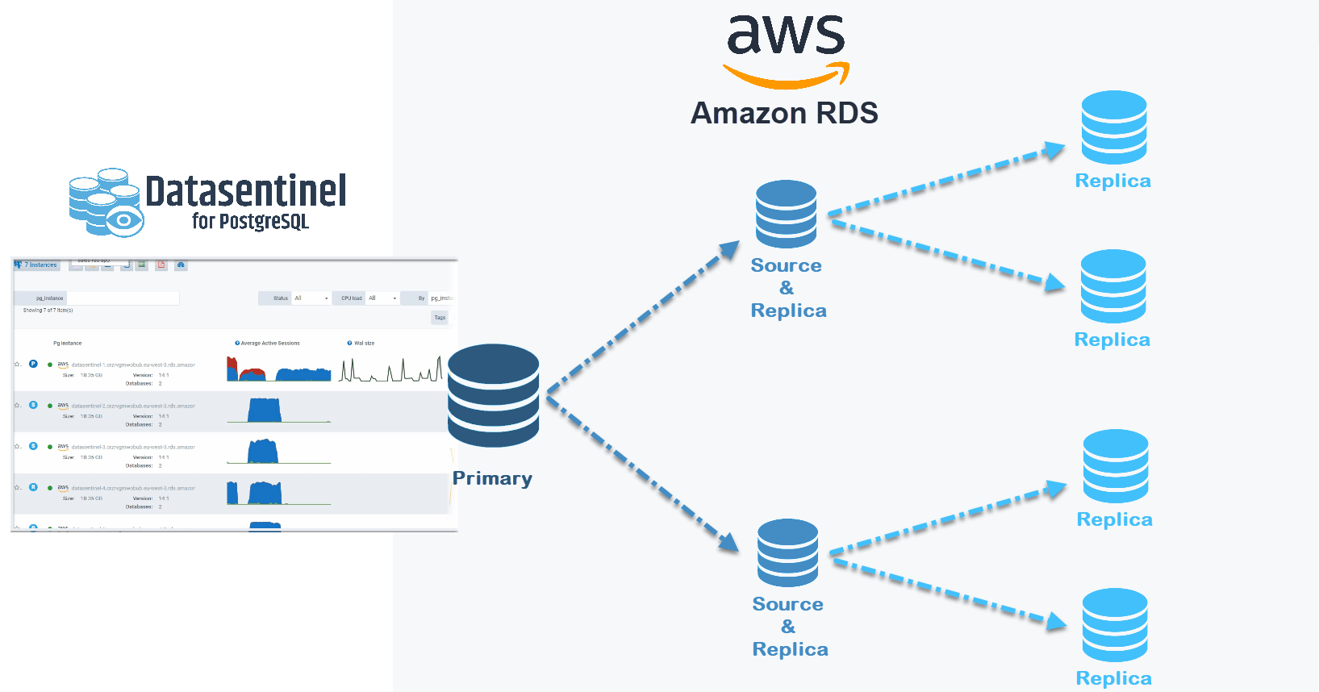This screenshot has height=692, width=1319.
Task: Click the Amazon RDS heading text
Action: [784, 113]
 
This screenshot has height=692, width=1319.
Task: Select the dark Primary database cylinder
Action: [493, 395]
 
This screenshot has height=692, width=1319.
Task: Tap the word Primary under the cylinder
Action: [492, 478]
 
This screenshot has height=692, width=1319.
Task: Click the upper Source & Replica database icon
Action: [786, 214]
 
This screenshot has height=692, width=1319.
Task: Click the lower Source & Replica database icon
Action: [787, 552]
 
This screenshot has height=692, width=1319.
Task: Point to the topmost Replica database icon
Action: [1113, 127]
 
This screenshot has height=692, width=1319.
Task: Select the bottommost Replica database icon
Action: [1114, 625]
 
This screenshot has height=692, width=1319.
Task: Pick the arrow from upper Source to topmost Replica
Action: [944, 182]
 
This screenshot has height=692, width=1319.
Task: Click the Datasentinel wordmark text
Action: [246, 192]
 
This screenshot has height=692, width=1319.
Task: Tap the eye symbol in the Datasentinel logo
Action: [123, 219]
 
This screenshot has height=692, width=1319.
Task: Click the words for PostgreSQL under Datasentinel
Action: [250, 221]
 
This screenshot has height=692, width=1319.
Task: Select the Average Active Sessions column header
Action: [269, 344]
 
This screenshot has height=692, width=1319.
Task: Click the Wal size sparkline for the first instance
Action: [390, 370]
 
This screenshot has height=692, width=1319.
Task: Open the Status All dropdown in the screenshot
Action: [311, 298]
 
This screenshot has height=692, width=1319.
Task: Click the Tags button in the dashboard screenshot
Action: [440, 318]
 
